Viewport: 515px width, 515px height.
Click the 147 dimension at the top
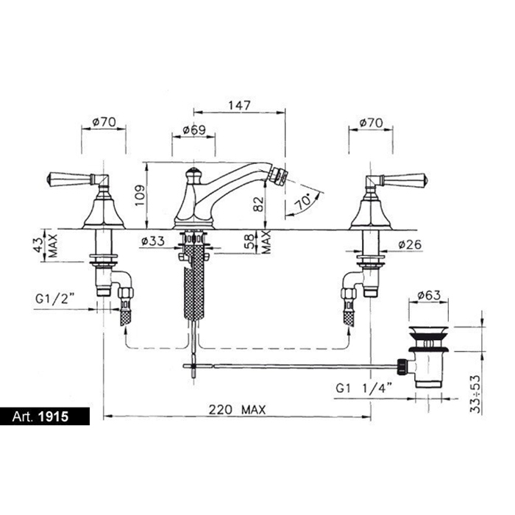(x=239, y=105)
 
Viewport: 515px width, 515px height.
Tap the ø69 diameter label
(x=193, y=130)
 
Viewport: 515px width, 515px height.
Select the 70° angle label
(x=304, y=202)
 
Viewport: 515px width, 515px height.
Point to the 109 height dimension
(x=140, y=196)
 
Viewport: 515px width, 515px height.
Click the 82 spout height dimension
(x=259, y=204)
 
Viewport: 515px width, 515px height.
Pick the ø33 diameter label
(x=153, y=241)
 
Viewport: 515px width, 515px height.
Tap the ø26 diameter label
(x=410, y=244)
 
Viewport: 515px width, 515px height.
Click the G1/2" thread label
(x=55, y=299)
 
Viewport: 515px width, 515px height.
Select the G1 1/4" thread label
(x=364, y=388)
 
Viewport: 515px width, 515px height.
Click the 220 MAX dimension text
(x=237, y=410)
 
